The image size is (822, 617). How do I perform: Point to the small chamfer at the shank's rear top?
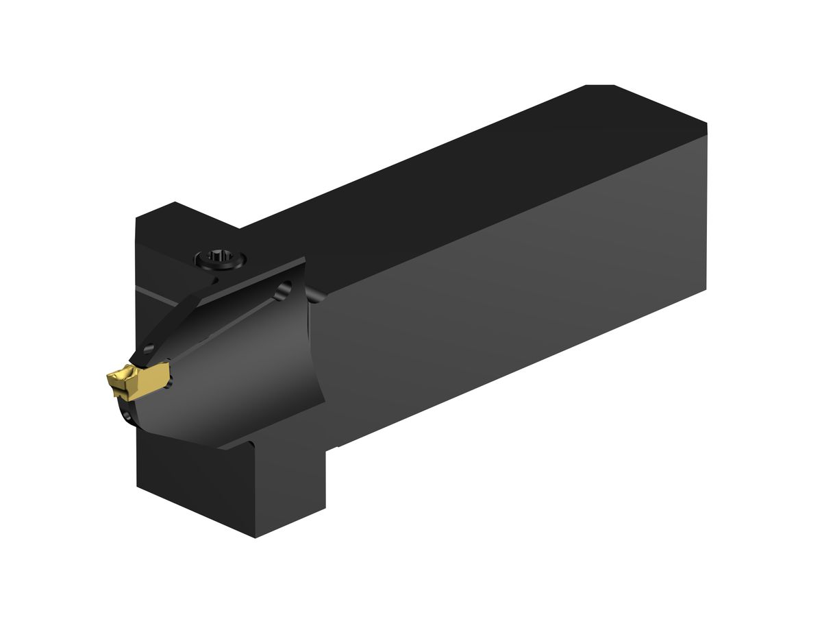[600, 86]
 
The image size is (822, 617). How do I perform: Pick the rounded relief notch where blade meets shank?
[316, 297]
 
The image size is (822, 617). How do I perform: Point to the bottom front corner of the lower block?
[255, 537]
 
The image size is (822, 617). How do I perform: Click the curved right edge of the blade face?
[317, 384]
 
